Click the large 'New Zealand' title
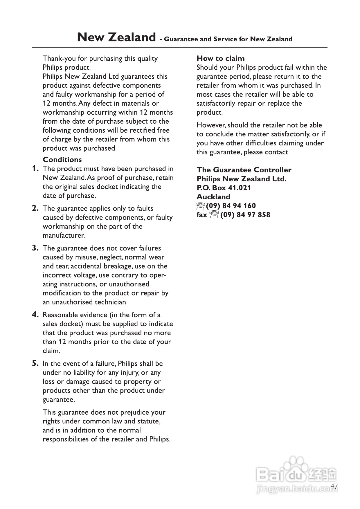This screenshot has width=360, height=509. (116, 37)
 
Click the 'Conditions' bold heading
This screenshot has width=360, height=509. (62, 160)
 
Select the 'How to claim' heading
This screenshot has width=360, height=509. (220, 58)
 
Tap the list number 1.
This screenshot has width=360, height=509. (35, 169)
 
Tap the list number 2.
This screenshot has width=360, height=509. (35, 208)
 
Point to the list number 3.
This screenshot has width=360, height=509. (35, 248)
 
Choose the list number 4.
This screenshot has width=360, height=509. (35, 315)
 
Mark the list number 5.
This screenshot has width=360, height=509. (35, 364)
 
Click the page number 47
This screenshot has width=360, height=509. (334, 486)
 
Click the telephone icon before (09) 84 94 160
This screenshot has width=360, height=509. (201, 206)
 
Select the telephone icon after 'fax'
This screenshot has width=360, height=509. (214, 215)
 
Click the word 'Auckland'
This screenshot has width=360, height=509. (213, 197)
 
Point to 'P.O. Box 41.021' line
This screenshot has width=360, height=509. (224, 188)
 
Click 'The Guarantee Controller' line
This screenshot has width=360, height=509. (244, 170)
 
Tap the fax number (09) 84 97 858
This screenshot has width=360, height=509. (245, 215)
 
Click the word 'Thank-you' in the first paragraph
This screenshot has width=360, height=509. (59, 59)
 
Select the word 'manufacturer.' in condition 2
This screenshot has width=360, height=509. (64, 235)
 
